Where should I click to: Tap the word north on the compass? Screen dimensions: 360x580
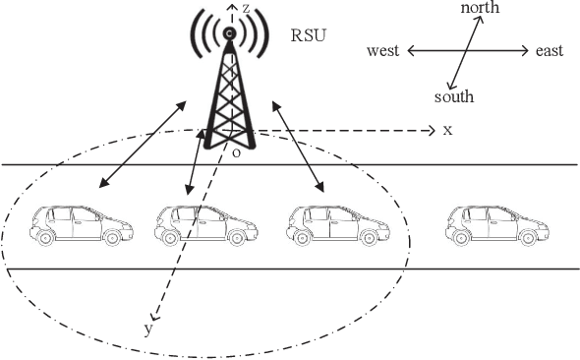click(x=480, y=8)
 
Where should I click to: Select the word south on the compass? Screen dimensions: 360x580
click(x=454, y=96)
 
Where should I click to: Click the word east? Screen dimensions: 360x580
click(x=550, y=50)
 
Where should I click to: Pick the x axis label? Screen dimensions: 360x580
click(x=446, y=130)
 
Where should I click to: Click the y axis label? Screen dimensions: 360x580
click(x=148, y=330)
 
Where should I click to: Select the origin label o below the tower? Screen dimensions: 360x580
click(x=236, y=152)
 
